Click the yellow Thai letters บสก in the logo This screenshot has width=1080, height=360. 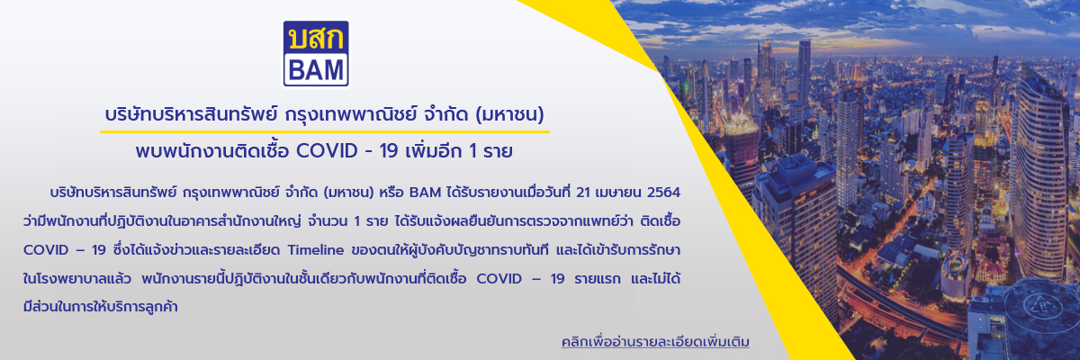(x=316, y=38)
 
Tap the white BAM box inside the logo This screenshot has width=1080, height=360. (x=316, y=69)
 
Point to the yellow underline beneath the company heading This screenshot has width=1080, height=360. (x=325, y=131)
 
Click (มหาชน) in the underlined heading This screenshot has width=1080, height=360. (x=509, y=115)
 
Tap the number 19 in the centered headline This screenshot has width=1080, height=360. (x=389, y=151)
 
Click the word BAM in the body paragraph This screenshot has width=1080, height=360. (x=425, y=193)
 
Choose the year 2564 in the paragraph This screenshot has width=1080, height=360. (x=663, y=193)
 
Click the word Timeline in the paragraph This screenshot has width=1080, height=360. (x=315, y=250)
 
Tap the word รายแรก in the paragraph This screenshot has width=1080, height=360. (x=598, y=279)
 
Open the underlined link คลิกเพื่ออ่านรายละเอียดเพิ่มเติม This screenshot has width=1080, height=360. (x=655, y=342)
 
